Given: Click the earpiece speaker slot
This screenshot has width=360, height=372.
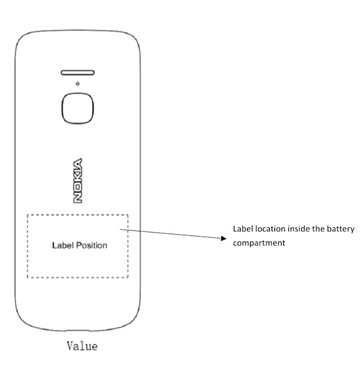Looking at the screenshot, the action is (77, 73).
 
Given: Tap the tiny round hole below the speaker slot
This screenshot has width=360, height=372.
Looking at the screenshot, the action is (77, 84).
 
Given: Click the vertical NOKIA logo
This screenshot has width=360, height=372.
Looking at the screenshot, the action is (78, 180).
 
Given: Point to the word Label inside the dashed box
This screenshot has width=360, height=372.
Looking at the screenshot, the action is (60, 245).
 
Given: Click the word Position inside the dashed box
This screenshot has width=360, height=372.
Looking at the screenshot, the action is (92, 245).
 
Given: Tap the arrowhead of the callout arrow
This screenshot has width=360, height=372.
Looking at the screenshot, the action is (223, 238).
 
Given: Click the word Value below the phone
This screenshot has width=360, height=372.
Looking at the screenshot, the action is (81, 346).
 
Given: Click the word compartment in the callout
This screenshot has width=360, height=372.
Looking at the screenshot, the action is (259, 243).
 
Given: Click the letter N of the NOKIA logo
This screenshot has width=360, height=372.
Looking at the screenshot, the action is (78, 197).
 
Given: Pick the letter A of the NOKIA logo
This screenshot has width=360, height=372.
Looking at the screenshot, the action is (78, 161).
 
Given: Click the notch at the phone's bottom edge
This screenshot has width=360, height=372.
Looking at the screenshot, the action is (77, 336).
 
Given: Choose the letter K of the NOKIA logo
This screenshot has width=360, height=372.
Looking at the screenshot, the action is (78, 176).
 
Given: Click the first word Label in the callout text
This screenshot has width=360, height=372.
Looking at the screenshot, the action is (243, 229).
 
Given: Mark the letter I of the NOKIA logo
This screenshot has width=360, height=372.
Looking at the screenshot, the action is (78, 168).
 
